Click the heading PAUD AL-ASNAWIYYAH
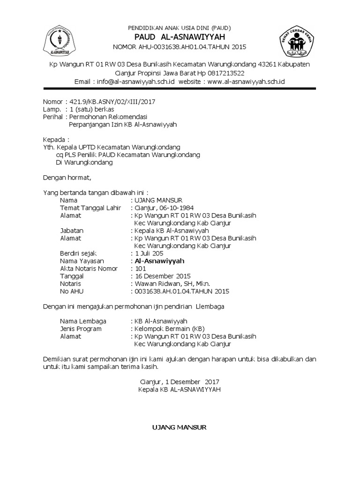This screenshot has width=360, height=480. pos(180,37)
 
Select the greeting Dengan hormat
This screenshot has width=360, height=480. pos(65,178)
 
